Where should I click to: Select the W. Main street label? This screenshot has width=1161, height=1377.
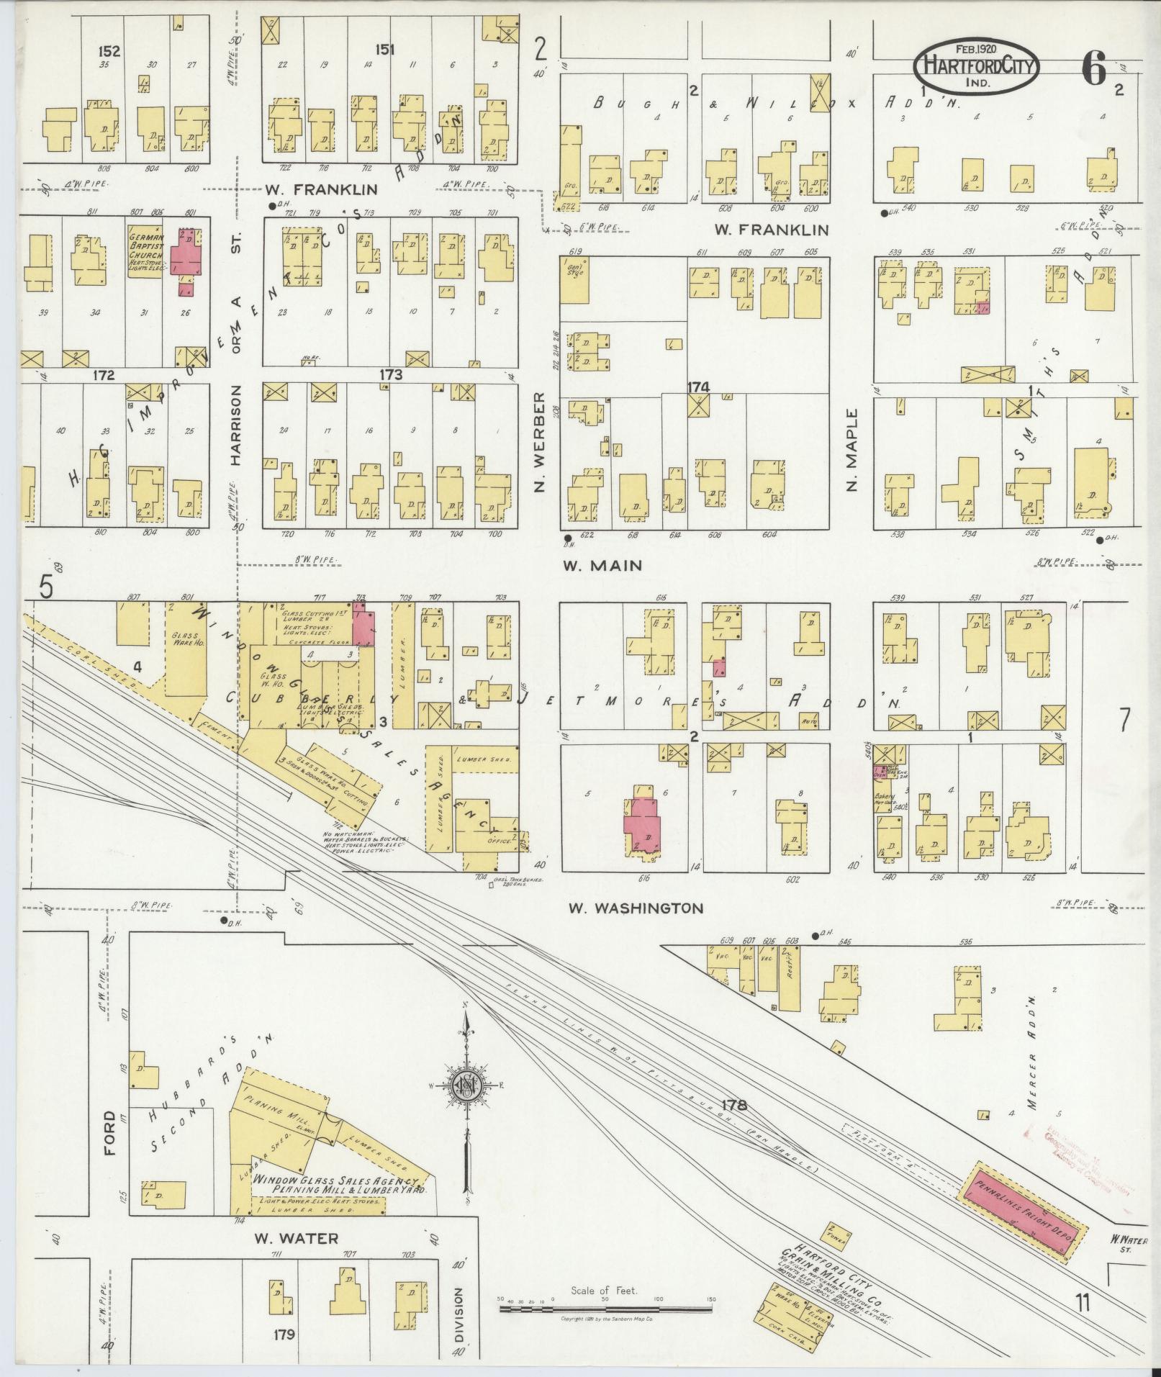coord(602,566)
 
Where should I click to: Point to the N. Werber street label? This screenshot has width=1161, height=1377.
coord(541,443)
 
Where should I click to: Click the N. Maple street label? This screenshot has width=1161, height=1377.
coord(852,450)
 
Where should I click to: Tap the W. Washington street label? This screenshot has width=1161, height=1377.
coord(635,908)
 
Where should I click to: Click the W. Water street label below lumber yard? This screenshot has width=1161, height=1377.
coord(297,1238)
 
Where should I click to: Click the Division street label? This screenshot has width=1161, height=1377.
coord(458,1316)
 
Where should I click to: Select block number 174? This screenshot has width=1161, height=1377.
coord(698,387)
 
